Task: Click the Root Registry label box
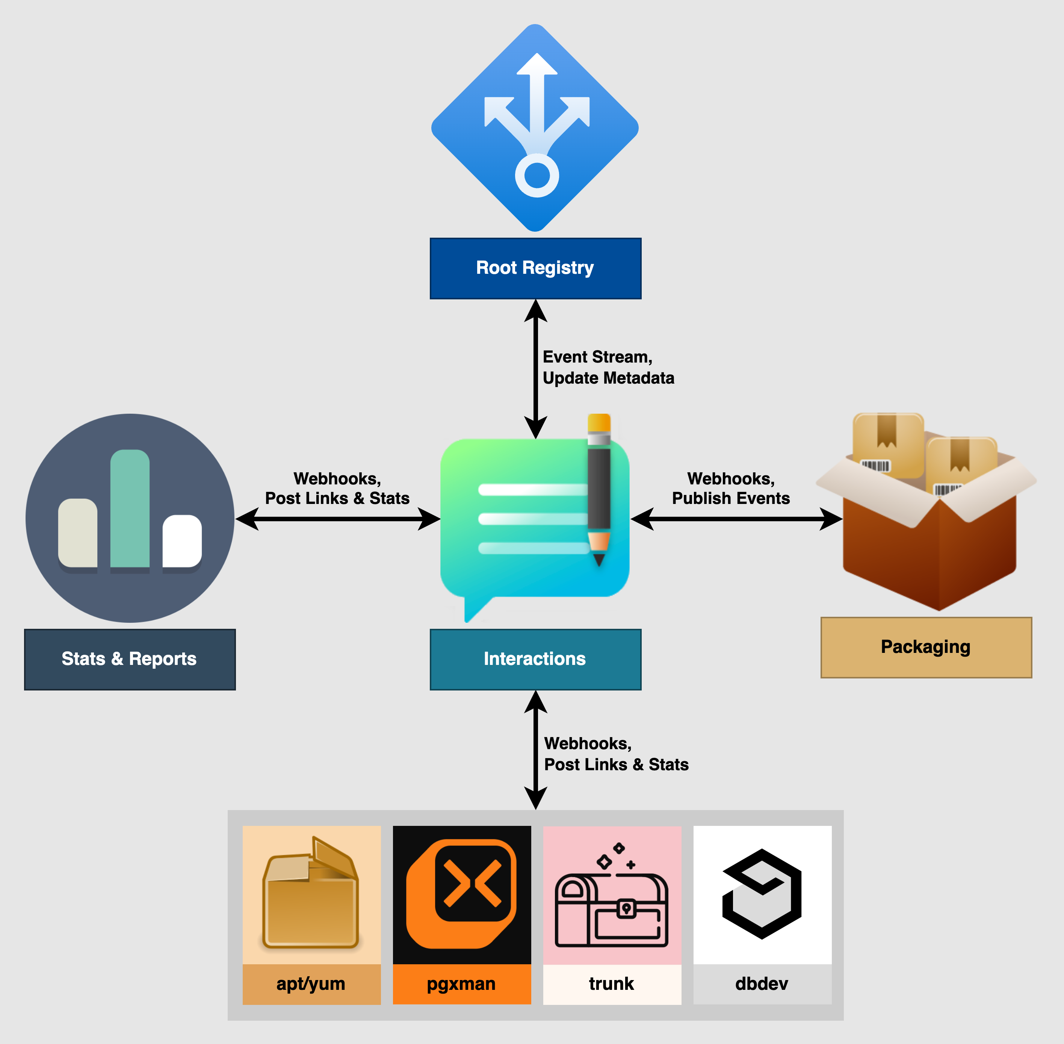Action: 535,268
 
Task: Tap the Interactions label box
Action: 535,659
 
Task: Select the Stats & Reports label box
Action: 130,659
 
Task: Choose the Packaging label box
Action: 926,647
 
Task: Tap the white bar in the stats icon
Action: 182,541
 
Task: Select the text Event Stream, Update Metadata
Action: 608,367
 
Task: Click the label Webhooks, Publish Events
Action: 731,488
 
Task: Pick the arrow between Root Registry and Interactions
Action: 535,369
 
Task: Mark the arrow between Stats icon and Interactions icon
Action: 337,519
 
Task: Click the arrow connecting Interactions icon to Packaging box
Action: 736,519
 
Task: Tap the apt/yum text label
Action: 311,984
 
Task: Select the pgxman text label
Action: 461,984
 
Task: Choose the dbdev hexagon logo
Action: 762,894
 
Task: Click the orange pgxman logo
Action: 461,894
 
